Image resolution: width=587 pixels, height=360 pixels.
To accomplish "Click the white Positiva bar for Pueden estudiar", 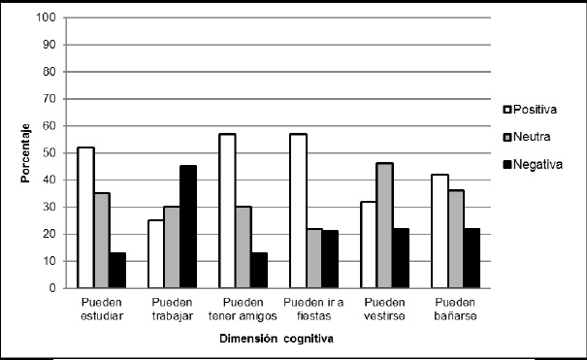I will (85, 217).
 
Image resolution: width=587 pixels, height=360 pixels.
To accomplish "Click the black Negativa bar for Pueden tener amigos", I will (258, 271).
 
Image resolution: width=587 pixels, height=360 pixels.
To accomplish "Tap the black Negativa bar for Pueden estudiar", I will (116, 271).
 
